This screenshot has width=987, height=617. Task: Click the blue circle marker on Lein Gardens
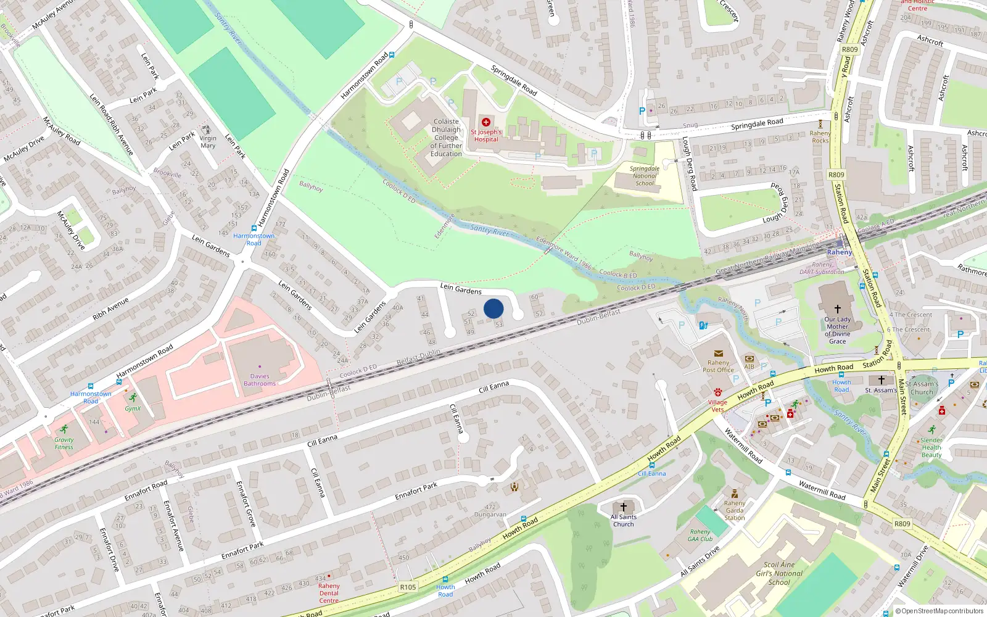pyautogui.click(x=493, y=308)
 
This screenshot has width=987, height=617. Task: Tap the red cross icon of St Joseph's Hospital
pyautogui.click(x=486, y=122)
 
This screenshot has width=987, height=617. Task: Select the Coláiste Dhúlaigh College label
pyautogui.click(x=446, y=138)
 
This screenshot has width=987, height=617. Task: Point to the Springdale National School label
pyautogui.click(x=645, y=176)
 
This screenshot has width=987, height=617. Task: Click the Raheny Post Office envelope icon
pyautogui.click(x=718, y=354)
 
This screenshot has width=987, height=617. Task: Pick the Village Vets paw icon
pyautogui.click(x=717, y=392)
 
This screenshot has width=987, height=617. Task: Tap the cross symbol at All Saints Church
pyautogui.click(x=624, y=507)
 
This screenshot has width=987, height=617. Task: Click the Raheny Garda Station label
pyautogui.click(x=734, y=511)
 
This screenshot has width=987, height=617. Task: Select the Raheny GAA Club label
pyautogui.click(x=700, y=536)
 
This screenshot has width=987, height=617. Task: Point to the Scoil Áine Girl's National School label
pyautogui.click(x=779, y=573)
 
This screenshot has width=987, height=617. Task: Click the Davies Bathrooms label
pyautogui.click(x=260, y=380)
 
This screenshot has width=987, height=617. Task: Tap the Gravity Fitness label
pyautogui.click(x=64, y=444)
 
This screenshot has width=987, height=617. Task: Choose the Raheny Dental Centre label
pyautogui.click(x=329, y=593)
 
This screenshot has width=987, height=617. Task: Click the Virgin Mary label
pyautogui.click(x=208, y=142)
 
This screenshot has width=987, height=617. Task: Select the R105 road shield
pyautogui.click(x=408, y=587)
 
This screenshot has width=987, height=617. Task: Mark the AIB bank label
pyautogui.click(x=749, y=366)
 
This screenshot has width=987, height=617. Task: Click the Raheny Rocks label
pyautogui.click(x=820, y=137)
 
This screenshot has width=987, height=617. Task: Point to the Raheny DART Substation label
pyautogui.click(x=822, y=268)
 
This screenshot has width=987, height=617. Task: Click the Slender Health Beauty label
pyautogui.click(x=931, y=447)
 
